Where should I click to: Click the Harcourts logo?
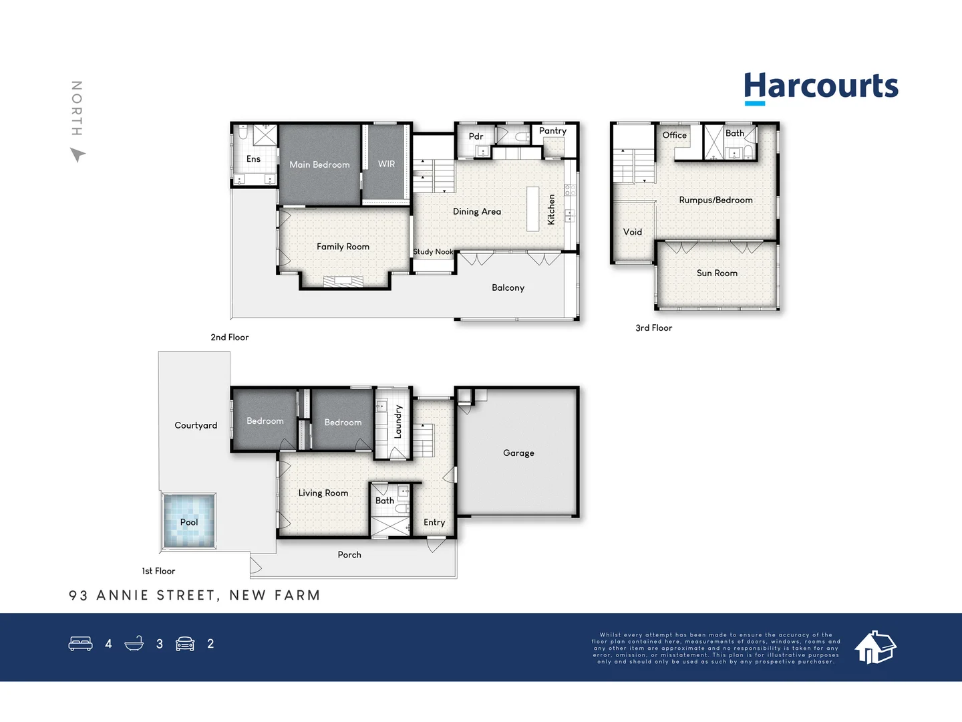tap(821, 88)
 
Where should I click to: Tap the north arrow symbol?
tap(77, 154)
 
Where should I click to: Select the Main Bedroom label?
tap(319, 165)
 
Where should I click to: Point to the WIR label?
tap(386, 164)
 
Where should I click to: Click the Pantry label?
tap(552, 130)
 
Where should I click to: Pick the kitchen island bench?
tap(532, 209)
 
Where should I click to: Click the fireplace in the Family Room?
tap(343, 281)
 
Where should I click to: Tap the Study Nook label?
tap(433, 251)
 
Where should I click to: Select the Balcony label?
tap(508, 288)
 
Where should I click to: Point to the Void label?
tap(633, 232)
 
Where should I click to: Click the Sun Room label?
tap(717, 273)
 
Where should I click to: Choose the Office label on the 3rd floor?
tap(675, 135)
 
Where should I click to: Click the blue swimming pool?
tap(189, 521)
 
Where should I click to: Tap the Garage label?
tap(518, 453)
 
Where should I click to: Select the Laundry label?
tap(398, 421)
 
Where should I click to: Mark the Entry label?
tap(434, 523)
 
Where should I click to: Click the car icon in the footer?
tap(185, 644)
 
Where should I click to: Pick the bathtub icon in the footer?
tap(134, 643)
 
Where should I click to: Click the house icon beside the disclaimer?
tap(876, 647)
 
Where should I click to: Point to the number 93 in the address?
tap(78, 595)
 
